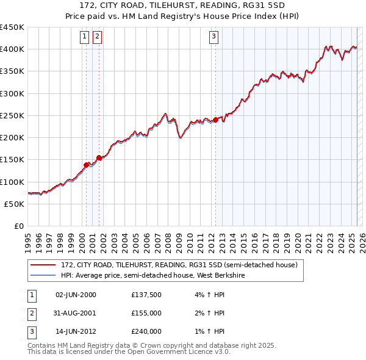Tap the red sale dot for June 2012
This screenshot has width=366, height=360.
(x=215, y=120)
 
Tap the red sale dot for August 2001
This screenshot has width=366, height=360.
(x=99, y=157)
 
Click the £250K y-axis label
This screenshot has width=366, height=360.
(x=12, y=115)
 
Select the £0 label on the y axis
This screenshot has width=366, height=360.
(x=18, y=226)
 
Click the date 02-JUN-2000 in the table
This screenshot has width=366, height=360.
(x=76, y=295)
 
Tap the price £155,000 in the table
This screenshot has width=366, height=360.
(x=146, y=313)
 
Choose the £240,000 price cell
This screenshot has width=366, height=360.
(x=146, y=331)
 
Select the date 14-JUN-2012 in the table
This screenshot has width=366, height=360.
(x=76, y=331)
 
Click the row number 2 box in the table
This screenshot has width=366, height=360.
(x=31, y=313)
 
